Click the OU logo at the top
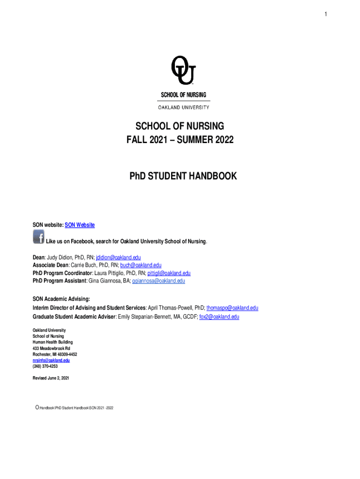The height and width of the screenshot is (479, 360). pos(183,71)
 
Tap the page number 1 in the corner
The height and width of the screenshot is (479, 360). pos(326,15)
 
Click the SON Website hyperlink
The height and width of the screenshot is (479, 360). pos(79,225)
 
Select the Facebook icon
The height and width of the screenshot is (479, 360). pos(38,237)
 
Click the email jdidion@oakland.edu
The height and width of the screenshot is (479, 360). pos(118,257)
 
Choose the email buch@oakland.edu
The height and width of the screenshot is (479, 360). pos(141,265)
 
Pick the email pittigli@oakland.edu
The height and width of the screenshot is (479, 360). pos(169,273)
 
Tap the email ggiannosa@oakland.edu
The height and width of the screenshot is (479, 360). pos(158,281)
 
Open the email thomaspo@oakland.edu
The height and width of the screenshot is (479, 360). pos(232,308)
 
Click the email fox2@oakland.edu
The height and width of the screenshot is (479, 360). pos(219,317)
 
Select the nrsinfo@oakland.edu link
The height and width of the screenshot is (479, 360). pos(51,361)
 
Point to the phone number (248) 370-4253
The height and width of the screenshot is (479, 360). pos(45,367)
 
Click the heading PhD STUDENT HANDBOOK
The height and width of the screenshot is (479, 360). pos(183,176)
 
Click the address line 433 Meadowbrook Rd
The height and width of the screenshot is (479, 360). pos(51,348)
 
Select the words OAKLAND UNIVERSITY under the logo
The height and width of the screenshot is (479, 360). pos(183,107)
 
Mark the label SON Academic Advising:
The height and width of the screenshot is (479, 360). pos(61,298)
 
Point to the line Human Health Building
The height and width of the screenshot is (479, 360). pos(52,342)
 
